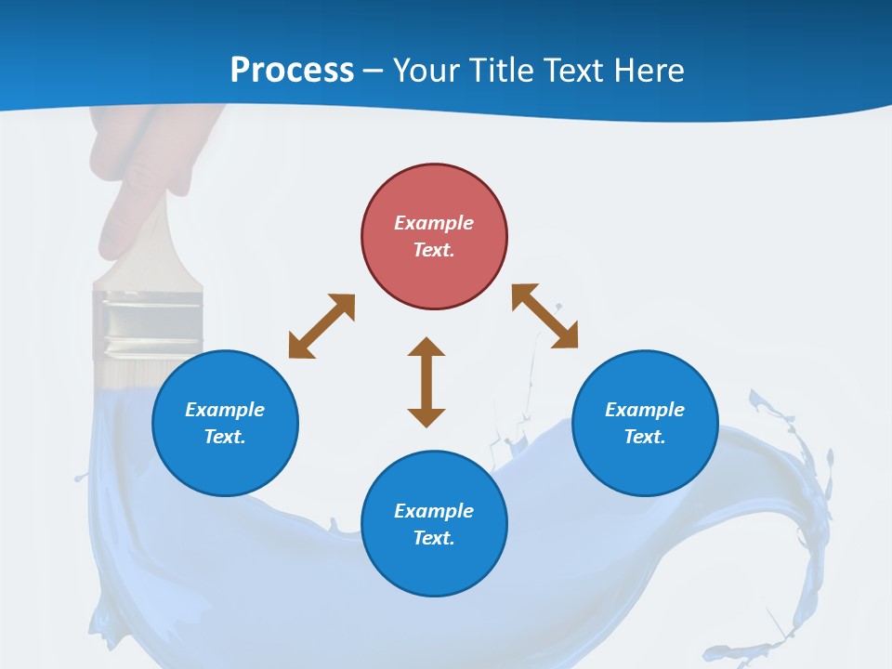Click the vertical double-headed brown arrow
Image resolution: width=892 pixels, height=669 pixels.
[x=426, y=382]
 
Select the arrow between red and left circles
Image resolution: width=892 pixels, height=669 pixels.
[x=321, y=326]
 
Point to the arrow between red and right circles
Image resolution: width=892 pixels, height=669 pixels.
[x=545, y=316]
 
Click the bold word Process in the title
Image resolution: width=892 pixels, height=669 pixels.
[x=292, y=70]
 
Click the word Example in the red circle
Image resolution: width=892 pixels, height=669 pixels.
[x=434, y=223]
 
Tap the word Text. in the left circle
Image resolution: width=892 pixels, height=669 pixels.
[x=225, y=437]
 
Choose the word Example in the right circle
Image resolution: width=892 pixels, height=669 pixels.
[x=645, y=410]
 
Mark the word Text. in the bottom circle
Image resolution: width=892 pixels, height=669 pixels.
[x=434, y=538]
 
